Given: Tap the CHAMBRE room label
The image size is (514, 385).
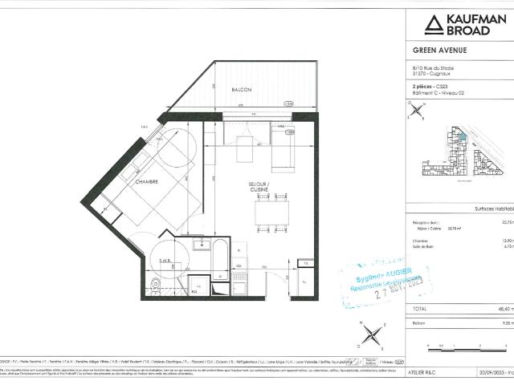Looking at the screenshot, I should [148, 182].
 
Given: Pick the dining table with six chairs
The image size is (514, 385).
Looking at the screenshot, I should [270, 212].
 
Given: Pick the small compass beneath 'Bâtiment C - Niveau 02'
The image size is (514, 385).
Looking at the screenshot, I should [415, 111].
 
